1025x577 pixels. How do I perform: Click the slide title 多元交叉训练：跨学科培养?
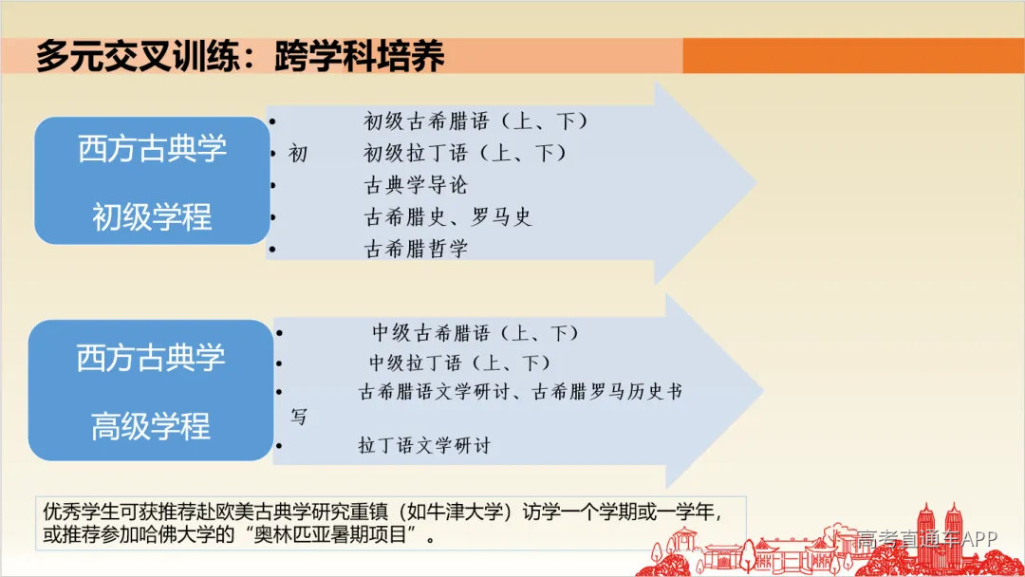tap(239, 56)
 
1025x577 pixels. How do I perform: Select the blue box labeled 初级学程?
tap(152, 181)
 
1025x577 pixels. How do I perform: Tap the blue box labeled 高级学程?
tap(151, 390)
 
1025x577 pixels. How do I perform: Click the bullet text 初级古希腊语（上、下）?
tap(476, 121)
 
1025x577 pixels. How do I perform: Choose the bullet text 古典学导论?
tap(416, 185)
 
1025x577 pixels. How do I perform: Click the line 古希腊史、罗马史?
tap(448, 217)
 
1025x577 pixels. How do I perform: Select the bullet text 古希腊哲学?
tap(416, 250)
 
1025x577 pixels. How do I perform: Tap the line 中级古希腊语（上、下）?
tap(475, 333)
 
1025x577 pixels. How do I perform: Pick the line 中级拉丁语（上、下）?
tap(460, 363)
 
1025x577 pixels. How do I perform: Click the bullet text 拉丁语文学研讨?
tap(424, 445)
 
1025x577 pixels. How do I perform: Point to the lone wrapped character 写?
tap(299, 418)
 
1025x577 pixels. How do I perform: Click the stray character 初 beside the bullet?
tap(298, 153)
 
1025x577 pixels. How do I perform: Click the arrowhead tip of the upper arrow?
tap(754, 182)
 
